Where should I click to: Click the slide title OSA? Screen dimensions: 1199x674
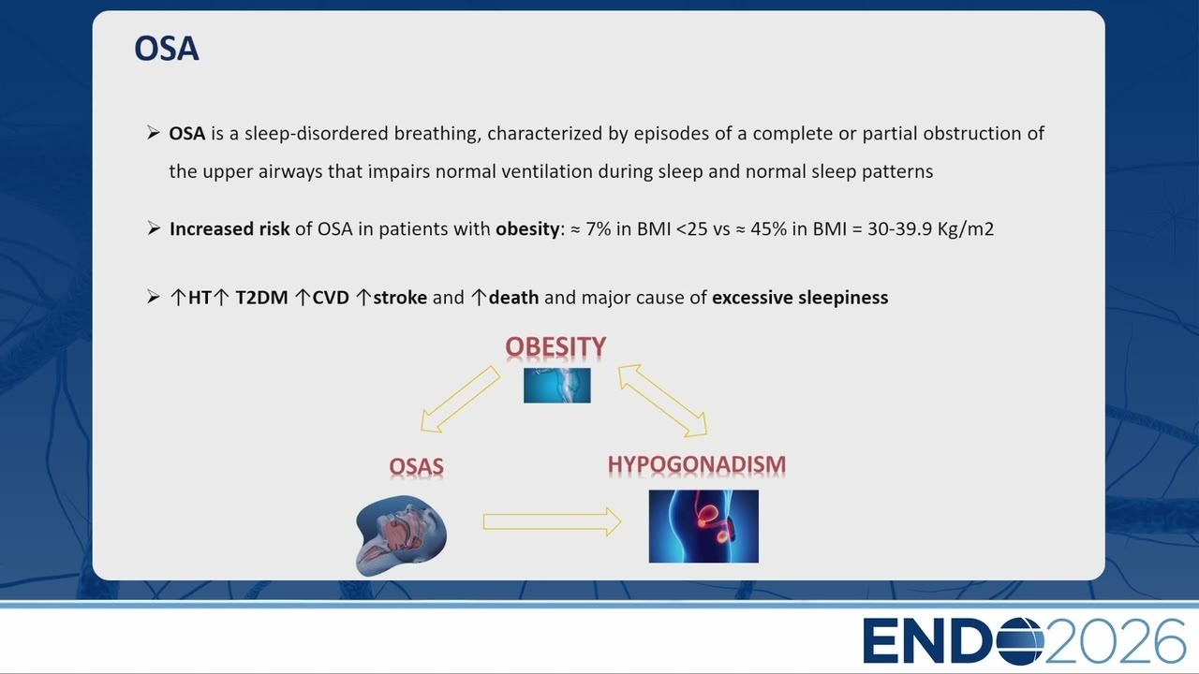point(167,49)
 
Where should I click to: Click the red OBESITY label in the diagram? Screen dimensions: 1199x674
point(555,346)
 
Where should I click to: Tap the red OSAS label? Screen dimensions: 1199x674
point(416,466)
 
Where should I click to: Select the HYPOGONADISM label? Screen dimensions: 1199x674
point(696,464)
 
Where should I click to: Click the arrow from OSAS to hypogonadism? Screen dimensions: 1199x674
point(552,521)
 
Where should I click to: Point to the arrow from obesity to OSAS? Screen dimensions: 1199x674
point(460,399)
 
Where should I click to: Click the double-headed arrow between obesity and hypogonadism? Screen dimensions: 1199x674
point(662,400)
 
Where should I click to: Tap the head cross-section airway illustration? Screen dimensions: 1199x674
point(401,535)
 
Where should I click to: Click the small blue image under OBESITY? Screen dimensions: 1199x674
point(556,385)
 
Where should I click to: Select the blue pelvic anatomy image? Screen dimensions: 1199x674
point(703,526)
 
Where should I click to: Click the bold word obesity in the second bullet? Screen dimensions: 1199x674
point(527,229)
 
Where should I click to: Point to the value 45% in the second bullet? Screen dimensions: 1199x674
point(769,229)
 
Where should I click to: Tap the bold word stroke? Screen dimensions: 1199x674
point(400,298)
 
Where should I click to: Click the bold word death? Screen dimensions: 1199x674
point(514,298)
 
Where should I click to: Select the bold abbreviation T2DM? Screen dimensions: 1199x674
point(261,298)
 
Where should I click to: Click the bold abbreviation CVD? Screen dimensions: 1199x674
point(331,298)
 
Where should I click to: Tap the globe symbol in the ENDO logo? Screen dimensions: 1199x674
point(1020,641)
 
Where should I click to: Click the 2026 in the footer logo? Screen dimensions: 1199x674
point(1116,641)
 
